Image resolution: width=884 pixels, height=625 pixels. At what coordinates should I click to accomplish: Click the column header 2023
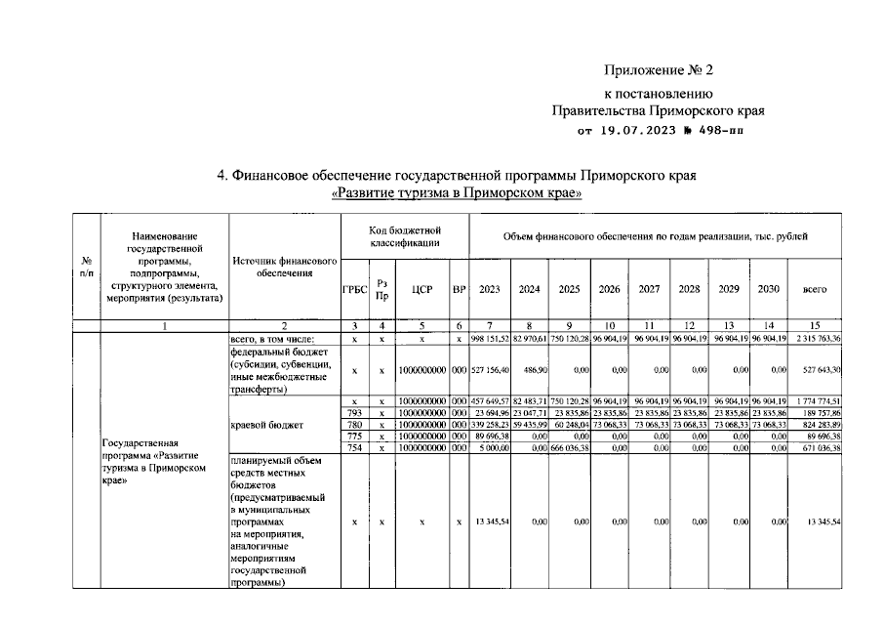click(490, 289)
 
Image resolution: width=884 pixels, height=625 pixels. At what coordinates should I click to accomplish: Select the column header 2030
click(769, 289)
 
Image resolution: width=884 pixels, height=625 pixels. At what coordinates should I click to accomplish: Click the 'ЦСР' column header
click(422, 290)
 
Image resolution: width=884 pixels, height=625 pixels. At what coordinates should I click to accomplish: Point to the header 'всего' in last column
click(815, 289)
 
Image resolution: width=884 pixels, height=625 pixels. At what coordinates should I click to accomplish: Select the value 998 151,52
click(490, 338)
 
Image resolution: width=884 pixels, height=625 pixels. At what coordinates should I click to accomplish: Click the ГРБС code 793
click(355, 413)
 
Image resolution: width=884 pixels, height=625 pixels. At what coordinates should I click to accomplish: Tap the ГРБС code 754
click(355, 448)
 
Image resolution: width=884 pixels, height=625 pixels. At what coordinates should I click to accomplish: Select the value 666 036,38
click(571, 448)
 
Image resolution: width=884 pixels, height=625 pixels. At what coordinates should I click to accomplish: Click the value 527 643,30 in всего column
click(817, 370)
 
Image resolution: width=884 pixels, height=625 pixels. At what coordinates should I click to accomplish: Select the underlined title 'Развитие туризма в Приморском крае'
click(458, 193)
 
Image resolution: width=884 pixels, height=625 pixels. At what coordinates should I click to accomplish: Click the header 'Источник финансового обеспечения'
click(285, 268)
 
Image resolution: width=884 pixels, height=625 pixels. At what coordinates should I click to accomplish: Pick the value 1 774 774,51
click(816, 401)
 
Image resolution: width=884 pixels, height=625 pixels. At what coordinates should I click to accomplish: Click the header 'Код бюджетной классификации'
click(405, 235)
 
